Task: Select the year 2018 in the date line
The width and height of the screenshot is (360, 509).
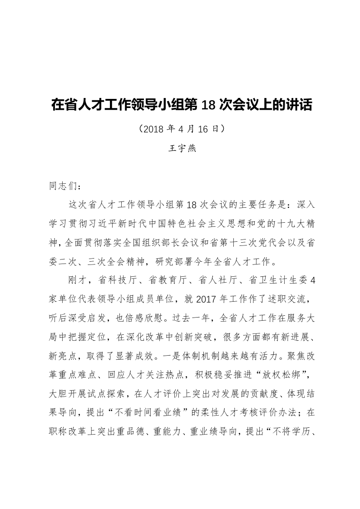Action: coord(154,128)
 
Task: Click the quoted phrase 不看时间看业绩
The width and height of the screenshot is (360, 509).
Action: coord(162,413)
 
